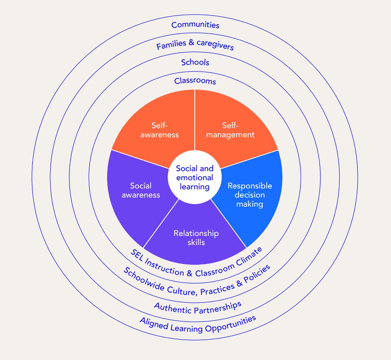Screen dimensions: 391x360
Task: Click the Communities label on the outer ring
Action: tap(195, 25)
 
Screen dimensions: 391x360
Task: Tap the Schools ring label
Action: tap(195, 62)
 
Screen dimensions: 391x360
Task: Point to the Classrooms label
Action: tap(195, 81)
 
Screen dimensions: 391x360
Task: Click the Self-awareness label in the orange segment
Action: tap(160, 130)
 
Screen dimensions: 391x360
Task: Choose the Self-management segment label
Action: tap(230, 130)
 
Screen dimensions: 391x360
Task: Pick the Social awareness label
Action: tap(141, 190)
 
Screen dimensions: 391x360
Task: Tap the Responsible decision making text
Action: tap(250, 195)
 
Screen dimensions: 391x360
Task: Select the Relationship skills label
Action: tap(196, 238)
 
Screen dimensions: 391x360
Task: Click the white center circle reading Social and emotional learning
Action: tap(195, 177)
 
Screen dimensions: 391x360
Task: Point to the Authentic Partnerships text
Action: tap(198, 308)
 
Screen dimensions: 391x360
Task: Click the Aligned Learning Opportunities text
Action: tap(198, 325)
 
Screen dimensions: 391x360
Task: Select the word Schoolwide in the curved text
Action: tap(144, 280)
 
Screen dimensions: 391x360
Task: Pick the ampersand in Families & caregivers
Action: tap(191, 43)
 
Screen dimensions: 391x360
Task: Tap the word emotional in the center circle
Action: tap(195, 178)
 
